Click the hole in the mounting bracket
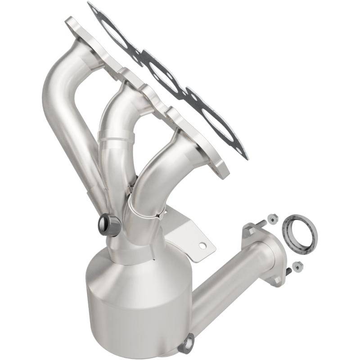coord(203,246)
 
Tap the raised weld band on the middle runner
coord(116,139)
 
